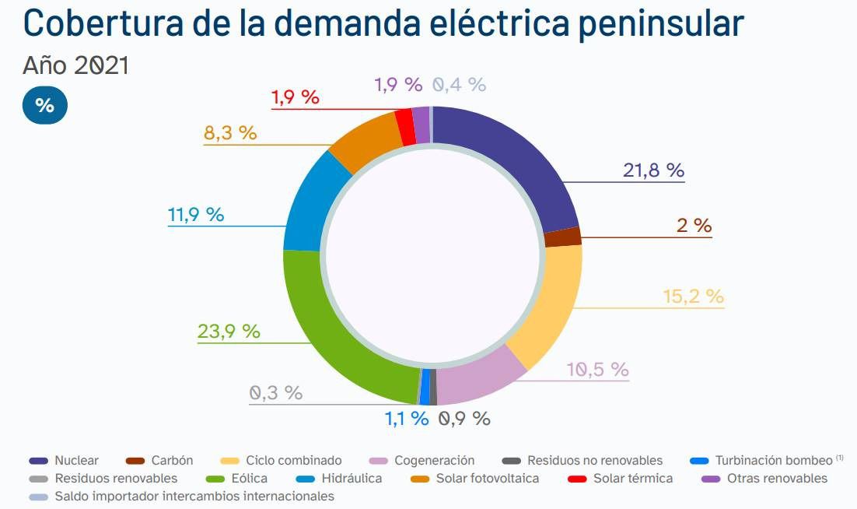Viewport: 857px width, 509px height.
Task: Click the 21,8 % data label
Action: pos(652,170)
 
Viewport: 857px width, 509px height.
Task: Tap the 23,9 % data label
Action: pos(229,331)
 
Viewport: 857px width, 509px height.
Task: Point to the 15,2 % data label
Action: pos(693,297)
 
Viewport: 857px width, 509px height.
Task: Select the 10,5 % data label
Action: pos(597,370)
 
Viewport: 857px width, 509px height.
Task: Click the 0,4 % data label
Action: pos(459,85)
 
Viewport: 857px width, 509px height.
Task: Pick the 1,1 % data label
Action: pos(407,418)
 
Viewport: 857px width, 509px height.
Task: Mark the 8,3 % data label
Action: pos(230,132)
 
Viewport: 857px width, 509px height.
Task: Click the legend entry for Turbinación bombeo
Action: pos(773,461)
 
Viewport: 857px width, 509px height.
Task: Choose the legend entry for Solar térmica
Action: pos(631,478)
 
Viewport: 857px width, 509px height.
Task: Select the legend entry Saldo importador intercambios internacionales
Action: pos(194,496)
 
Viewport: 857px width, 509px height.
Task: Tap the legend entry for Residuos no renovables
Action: pos(594,461)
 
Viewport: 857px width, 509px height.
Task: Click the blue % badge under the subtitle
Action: pos(44,105)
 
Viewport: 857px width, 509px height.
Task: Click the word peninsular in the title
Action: pos(660,23)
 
